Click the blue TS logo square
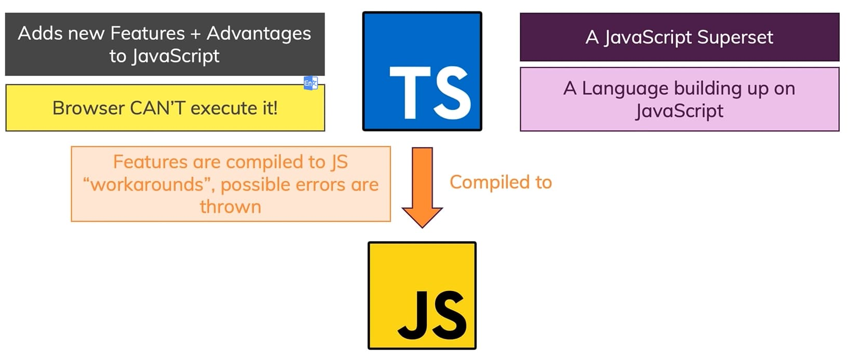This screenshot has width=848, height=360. [422, 71]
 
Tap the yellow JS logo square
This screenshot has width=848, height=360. [422, 295]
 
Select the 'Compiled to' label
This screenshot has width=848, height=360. [501, 182]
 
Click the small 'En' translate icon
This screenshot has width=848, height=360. [310, 83]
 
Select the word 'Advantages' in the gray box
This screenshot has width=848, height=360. [259, 33]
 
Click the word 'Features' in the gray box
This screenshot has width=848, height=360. [147, 33]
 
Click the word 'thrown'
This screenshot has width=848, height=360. [230, 207]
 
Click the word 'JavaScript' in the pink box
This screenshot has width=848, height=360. [679, 111]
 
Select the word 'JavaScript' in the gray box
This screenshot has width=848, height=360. [175, 56]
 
